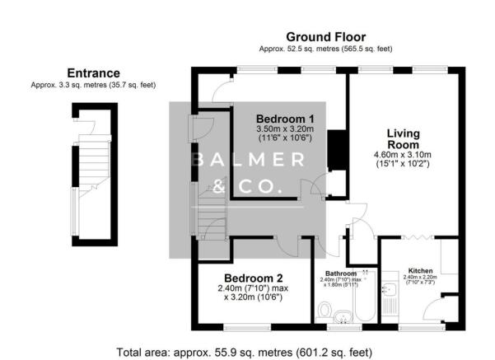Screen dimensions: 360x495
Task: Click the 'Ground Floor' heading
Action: [x=326, y=36]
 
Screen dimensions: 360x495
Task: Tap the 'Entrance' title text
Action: [x=92, y=72]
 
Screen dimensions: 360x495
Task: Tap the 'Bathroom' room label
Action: [x=340, y=273]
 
